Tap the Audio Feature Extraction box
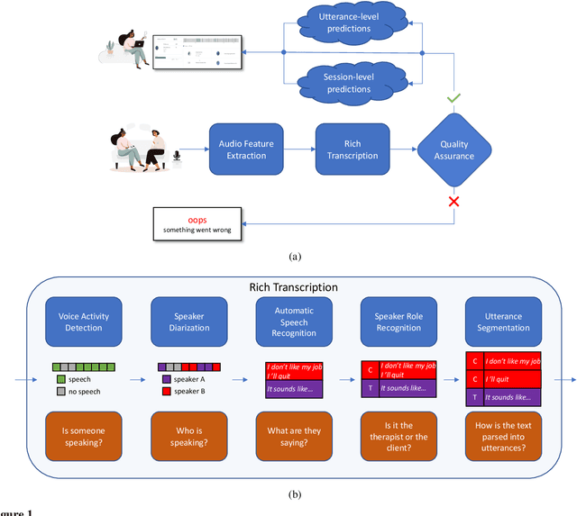click(x=245, y=149)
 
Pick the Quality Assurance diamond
click(x=453, y=150)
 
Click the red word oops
click(x=197, y=219)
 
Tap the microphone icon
click(x=176, y=158)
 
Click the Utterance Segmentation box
click(x=502, y=321)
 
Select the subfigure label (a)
click(x=294, y=257)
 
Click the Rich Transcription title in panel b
click(x=293, y=286)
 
